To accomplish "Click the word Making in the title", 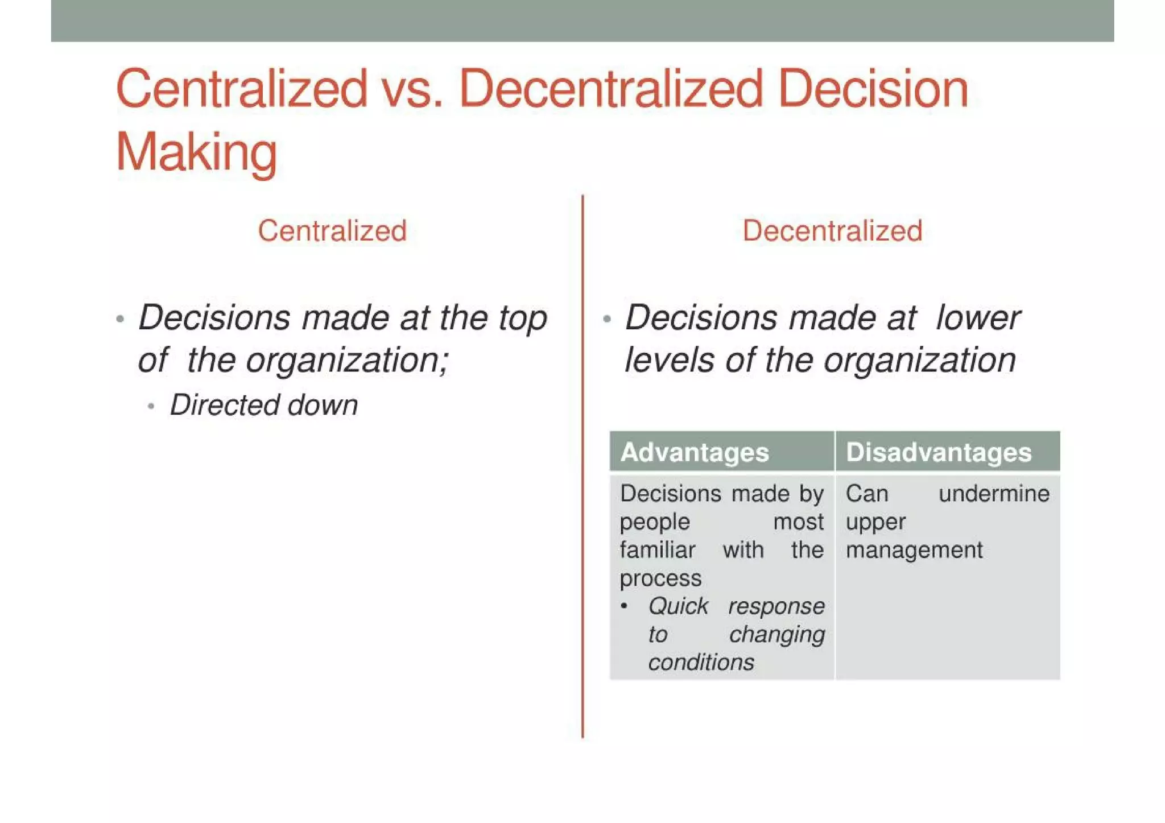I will click(x=196, y=152).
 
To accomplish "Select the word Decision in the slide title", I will click(x=873, y=89).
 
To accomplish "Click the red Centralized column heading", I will click(x=332, y=231).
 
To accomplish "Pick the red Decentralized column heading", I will click(x=832, y=231).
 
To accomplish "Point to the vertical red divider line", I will click(x=582, y=512).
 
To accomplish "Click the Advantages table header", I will click(x=695, y=453).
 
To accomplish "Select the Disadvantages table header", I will click(x=939, y=453).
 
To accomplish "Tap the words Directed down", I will click(x=264, y=406).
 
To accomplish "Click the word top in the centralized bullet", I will click(x=523, y=319).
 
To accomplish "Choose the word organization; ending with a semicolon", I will click(x=347, y=361).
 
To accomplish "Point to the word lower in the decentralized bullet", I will click(x=978, y=318).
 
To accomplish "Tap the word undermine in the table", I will click(x=994, y=494).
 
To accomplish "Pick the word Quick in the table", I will click(x=678, y=606).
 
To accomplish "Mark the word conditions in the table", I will click(x=701, y=663).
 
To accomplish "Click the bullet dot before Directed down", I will click(x=151, y=407).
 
